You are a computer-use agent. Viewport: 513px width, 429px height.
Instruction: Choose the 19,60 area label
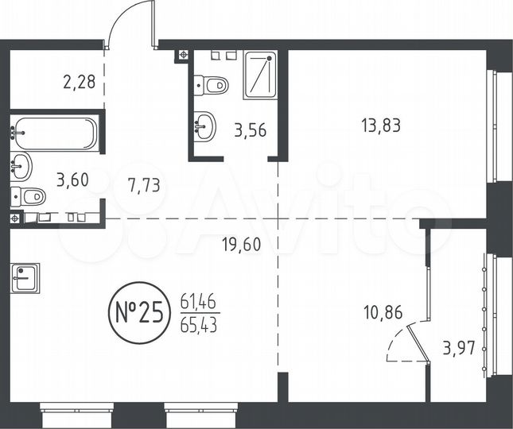pyautogui.click(x=241, y=245)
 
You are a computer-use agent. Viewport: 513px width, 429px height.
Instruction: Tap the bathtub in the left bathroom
pyautogui.click(x=54, y=133)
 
